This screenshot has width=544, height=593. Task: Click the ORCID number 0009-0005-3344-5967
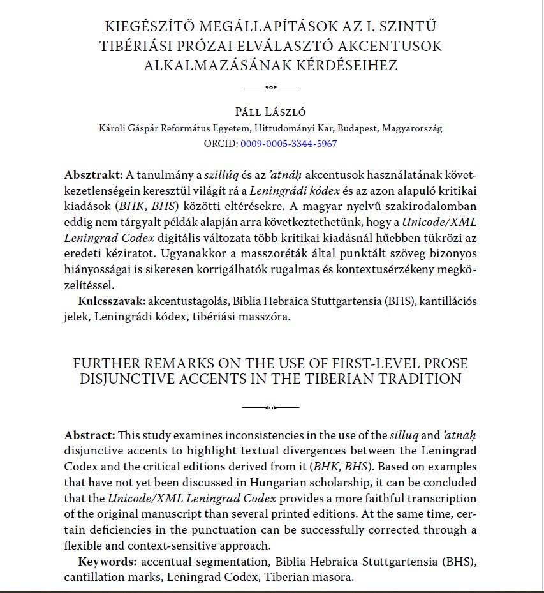tap(288, 144)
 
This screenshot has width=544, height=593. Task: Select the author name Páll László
tap(270, 112)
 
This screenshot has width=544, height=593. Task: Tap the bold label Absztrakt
tap(92, 175)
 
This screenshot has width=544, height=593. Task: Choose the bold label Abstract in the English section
tap(89, 435)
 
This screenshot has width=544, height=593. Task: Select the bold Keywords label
tap(108, 562)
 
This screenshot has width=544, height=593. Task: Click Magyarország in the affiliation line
tap(411, 128)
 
